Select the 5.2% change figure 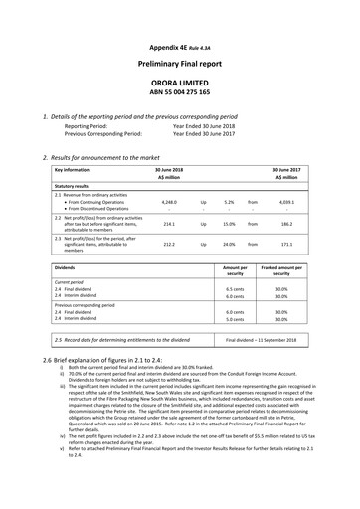[229, 202]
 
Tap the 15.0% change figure [229, 225]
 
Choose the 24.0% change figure [229, 244]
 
